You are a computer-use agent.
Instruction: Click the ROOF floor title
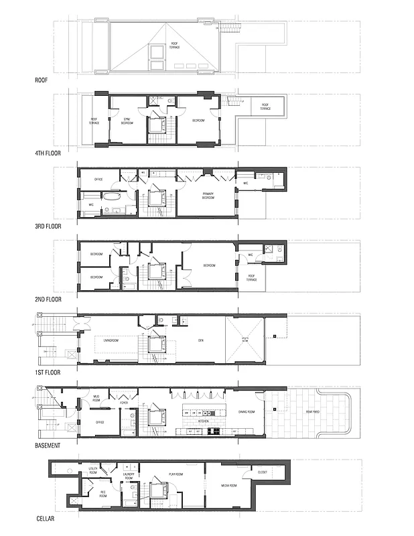tap(42, 79)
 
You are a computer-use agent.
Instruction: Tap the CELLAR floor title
tap(46, 518)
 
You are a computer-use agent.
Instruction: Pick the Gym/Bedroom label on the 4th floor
tap(126, 122)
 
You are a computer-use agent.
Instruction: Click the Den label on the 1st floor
tap(200, 341)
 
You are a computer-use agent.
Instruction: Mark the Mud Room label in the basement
tap(96, 397)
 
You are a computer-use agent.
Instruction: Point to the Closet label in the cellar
tap(263, 472)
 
